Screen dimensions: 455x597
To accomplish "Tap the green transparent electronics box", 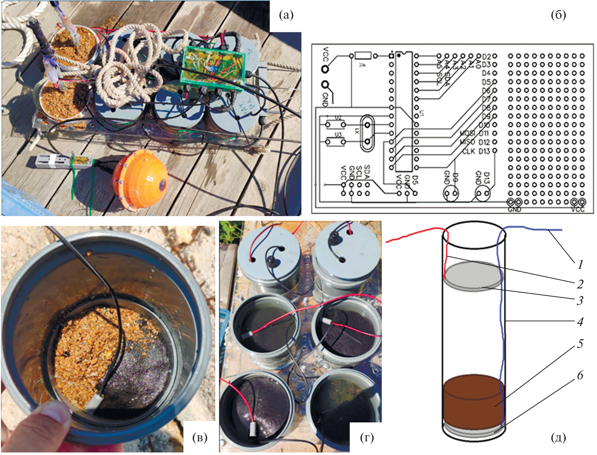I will tap(213, 68).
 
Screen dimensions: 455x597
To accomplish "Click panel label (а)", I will tap(286, 15).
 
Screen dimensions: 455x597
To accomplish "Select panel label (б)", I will tap(558, 15).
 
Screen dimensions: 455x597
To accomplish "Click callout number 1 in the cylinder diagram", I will tap(580, 264).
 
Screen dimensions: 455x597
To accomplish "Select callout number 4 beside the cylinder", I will tap(580, 322).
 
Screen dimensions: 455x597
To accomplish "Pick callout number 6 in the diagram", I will tap(580, 376).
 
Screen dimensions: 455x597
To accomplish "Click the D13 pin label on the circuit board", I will tap(484, 151).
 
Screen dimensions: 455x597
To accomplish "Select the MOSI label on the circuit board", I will tap(467, 133).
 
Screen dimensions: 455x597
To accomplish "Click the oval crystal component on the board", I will tap(367, 133).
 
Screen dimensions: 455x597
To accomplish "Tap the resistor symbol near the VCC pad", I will tap(363, 56).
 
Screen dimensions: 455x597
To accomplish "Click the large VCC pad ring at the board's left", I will tap(325, 68).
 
